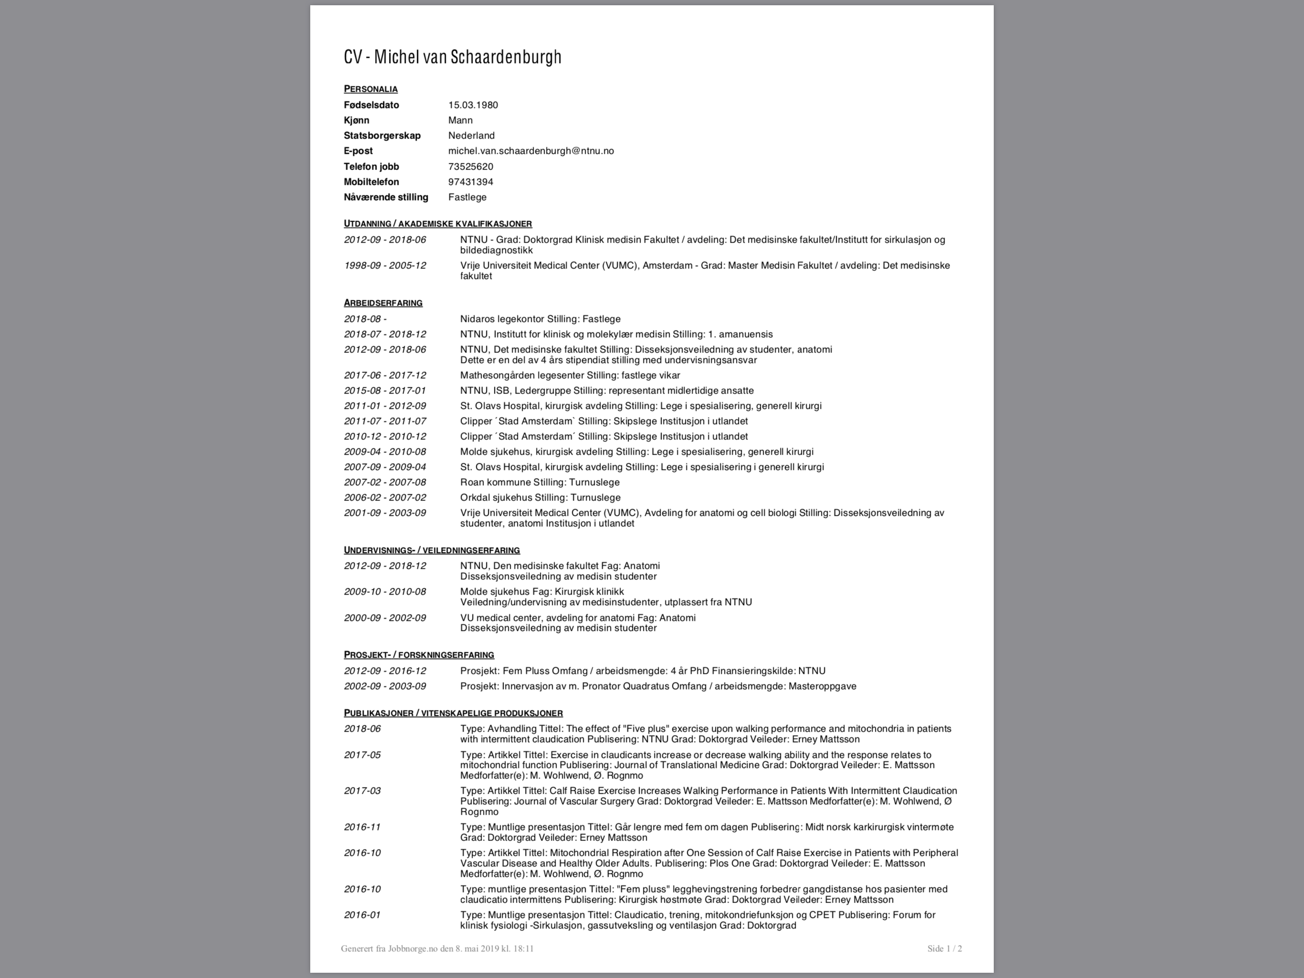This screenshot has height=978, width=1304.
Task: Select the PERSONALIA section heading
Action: pos(371,89)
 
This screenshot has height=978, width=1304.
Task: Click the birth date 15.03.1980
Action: pos(473,105)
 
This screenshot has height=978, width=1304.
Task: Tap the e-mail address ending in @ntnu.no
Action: pos(531,151)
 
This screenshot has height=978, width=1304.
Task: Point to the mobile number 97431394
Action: pos(471,181)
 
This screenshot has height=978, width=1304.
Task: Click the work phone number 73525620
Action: pos(471,166)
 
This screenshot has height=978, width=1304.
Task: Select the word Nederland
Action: pos(471,136)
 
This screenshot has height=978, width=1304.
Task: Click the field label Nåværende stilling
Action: pos(386,197)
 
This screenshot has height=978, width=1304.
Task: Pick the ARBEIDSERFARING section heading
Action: pos(383,303)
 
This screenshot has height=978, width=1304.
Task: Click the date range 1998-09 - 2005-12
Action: pos(385,266)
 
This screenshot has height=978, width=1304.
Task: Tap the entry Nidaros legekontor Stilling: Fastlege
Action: pos(540,319)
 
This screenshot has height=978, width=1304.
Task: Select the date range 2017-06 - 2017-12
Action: pos(385,375)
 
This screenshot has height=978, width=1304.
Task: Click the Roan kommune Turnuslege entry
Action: pos(539,482)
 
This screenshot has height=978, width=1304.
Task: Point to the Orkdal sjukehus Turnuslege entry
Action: pos(540,497)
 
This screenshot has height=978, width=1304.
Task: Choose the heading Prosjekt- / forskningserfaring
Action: pos(419,655)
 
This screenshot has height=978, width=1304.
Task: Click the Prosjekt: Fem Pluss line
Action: pos(642,670)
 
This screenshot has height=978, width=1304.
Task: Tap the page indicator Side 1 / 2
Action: pos(945,948)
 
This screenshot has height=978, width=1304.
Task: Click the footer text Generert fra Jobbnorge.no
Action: pos(437,948)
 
